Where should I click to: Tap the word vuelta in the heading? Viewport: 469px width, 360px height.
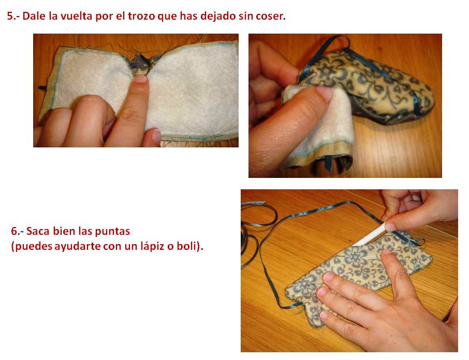tap(76, 16)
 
